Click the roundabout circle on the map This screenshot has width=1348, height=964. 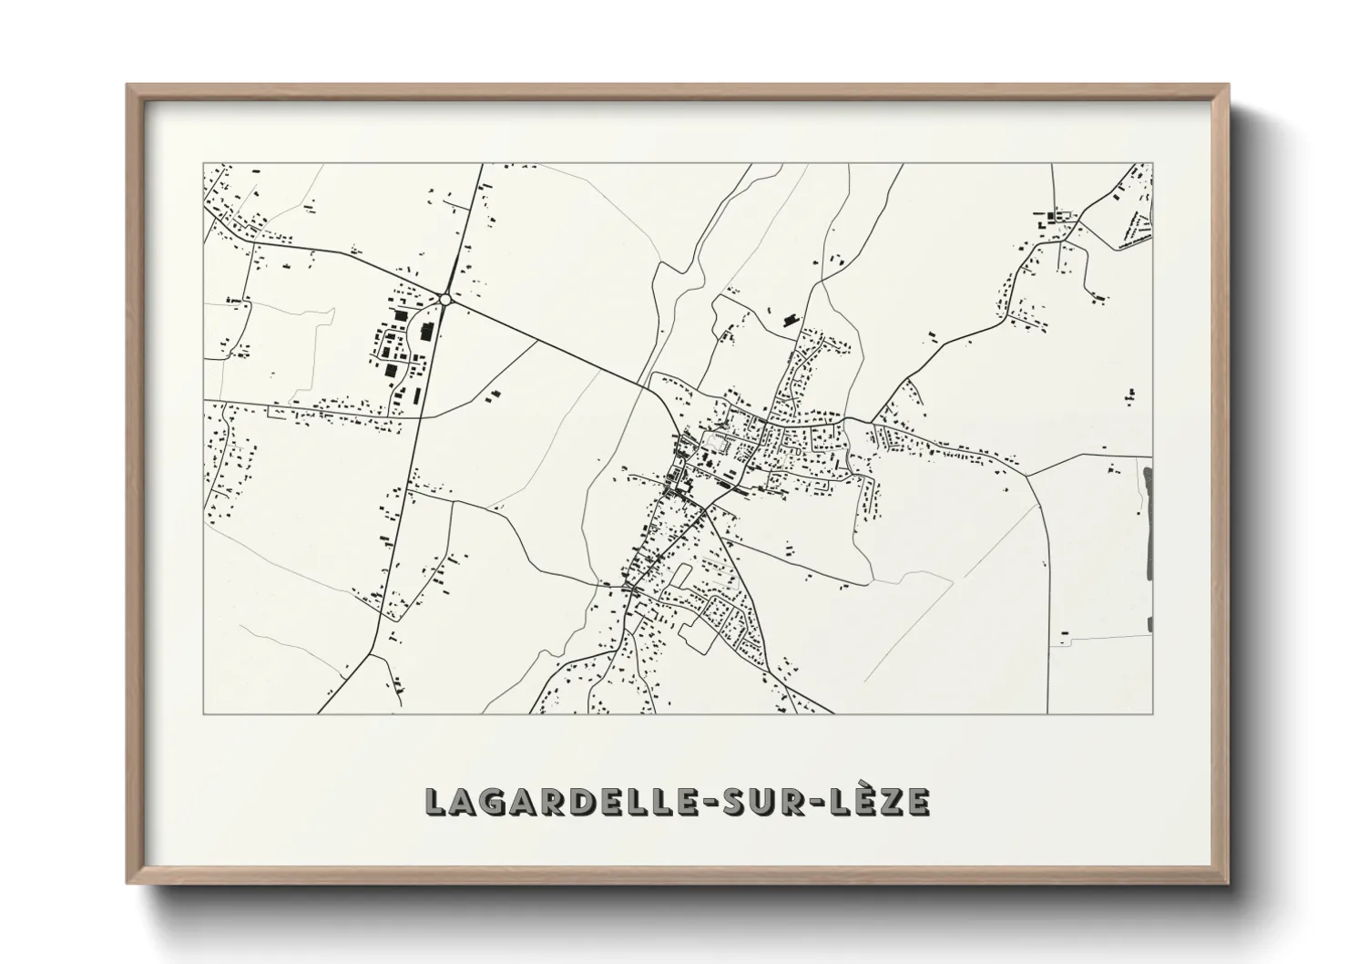click(445, 299)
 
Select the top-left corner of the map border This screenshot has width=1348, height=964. click(203, 164)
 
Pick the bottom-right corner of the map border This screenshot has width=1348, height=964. click(1153, 713)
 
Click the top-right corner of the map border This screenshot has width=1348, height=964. click(1153, 164)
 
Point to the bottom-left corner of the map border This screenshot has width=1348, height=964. click(203, 713)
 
